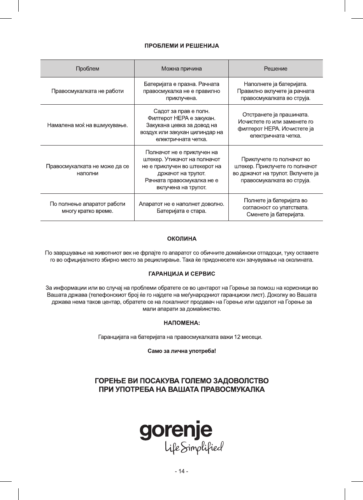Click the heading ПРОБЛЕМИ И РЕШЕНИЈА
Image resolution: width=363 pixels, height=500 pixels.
point(182,46)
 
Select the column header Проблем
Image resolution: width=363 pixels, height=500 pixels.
point(87,68)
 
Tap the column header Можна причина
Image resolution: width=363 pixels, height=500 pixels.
point(181,68)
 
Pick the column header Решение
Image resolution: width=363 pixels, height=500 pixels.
point(275,68)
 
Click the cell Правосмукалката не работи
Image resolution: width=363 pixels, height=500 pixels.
point(88,91)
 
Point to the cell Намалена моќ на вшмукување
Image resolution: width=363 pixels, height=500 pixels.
point(88,125)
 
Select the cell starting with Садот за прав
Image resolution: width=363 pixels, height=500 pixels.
point(181,125)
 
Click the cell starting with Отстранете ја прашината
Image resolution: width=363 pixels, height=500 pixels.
point(275,125)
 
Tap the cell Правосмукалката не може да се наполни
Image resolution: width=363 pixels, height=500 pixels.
point(88,170)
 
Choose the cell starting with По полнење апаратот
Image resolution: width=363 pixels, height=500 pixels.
point(88,207)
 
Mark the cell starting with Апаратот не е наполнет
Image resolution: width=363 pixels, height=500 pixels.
point(181,207)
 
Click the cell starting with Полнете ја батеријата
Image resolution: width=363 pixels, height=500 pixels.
point(275,207)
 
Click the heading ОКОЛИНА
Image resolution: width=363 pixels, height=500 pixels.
point(182,238)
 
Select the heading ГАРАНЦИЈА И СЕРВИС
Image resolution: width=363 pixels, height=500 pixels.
point(182,274)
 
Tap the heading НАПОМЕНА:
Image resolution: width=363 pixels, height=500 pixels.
point(182,323)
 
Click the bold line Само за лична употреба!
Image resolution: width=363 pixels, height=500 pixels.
point(182,351)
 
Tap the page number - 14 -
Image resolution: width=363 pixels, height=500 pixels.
point(182,471)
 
